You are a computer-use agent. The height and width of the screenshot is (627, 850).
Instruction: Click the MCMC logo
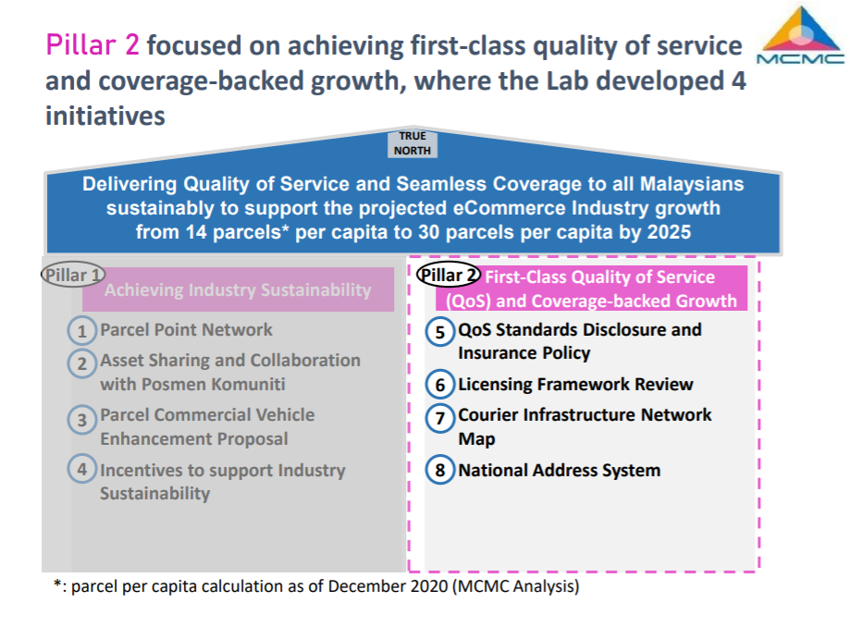coord(800,35)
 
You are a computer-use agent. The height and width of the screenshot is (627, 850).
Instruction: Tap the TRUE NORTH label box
coord(412,143)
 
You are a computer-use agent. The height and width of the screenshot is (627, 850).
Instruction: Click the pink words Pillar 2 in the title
coord(92,45)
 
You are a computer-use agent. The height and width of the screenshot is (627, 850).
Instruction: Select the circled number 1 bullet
coord(82,330)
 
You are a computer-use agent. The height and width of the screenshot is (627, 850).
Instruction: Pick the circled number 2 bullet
coord(82,363)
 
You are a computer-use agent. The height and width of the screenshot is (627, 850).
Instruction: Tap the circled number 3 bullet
coord(82,420)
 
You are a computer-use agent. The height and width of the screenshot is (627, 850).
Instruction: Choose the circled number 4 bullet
coord(82,468)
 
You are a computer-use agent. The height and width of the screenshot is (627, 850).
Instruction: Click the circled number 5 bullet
coord(439,332)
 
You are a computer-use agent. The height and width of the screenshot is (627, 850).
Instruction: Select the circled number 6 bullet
coord(439,384)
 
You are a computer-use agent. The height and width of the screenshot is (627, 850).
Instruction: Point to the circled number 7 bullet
coord(439,418)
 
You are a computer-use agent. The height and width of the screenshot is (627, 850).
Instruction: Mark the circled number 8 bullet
coord(439,469)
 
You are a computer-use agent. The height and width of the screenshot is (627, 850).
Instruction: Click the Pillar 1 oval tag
coord(73,276)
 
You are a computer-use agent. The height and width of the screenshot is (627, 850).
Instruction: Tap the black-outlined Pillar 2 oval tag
coord(449,275)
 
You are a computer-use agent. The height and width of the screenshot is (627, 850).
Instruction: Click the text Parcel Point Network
coord(186,329)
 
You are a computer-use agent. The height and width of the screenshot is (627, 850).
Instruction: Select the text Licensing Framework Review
coord(575,384)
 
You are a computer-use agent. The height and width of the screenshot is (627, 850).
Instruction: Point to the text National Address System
coord(559,470)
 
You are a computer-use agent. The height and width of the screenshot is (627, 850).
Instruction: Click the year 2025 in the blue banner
coord(669,232)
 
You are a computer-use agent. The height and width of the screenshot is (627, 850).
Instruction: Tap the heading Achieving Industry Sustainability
coord(238,290)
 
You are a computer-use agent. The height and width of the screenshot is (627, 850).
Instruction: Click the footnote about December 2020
coord(316,585)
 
